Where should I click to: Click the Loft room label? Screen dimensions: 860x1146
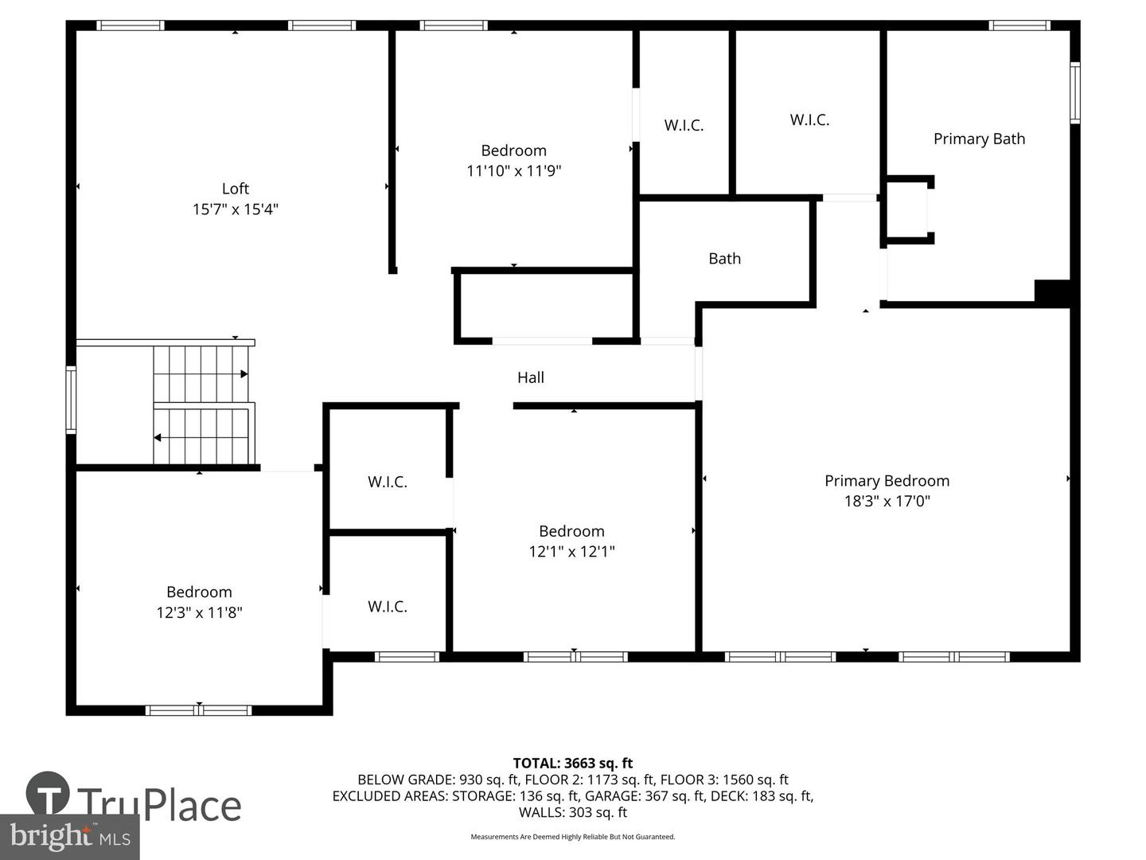tap(235, 189)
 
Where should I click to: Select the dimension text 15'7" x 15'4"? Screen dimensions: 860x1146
tap(235, 209)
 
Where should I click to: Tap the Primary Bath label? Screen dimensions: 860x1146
tap(979, 139)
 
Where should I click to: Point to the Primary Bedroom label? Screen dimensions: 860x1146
tap(887, 481)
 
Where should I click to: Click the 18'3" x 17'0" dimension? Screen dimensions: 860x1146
tap(887, 501)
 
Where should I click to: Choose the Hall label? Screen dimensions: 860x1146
tap(531, 377)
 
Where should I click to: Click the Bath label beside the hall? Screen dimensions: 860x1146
tap(724, 259)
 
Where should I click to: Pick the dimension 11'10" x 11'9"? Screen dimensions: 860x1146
tap(513, 170)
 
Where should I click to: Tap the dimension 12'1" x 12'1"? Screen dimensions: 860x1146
tap(571, 551)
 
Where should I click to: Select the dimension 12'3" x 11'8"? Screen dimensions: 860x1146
tap(199, 612)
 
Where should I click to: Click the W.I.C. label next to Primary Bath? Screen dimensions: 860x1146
tap(809, 120)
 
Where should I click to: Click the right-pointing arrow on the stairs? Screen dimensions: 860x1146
tap(243, 373)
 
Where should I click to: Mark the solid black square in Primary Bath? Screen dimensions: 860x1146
tap(1052, 291)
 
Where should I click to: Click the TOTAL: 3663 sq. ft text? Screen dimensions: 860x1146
tap(572, 764)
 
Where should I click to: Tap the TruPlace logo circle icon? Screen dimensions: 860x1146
tap(48, 793)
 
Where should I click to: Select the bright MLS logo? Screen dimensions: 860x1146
tap(70, 836)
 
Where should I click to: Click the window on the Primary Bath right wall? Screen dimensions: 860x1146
tap(1074, 93)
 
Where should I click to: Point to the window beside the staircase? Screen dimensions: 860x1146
tap(71, 399)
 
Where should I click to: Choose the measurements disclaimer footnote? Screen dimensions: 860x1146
tap(572, 837)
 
